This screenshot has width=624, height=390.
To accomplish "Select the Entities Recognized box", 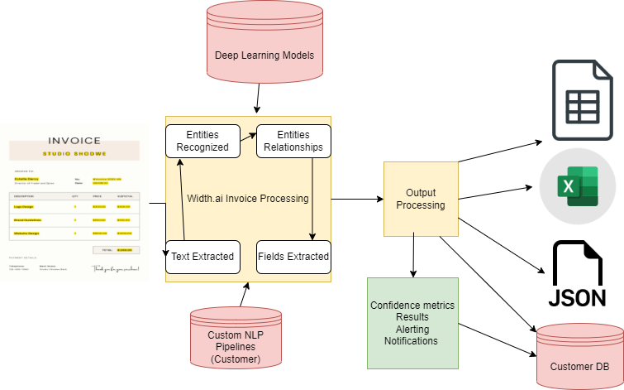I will [x=202, y=141].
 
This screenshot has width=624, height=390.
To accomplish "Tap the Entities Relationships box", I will [x=293, y=141].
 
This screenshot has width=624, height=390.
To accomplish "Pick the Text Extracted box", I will [x=202, y=257].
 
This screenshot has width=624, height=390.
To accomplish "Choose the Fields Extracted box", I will [x=293, y=257].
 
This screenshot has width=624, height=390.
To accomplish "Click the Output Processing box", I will [x=420, y=198].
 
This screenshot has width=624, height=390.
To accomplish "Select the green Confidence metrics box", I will [x=412, y=323].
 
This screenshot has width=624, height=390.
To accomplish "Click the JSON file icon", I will [x=579, y=274].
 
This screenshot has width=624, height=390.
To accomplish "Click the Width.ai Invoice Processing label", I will [x=247, y=199].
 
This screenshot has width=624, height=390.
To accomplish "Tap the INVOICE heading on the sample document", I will [x=74, y=141].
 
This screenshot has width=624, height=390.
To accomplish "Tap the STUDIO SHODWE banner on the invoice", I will [x=74, y=153].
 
